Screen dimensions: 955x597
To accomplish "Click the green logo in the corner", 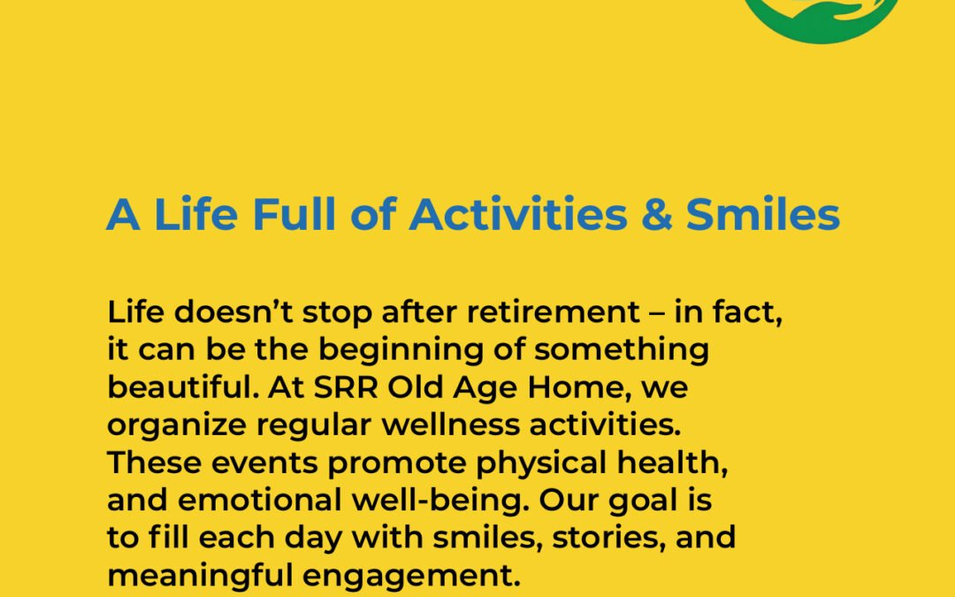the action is coord(821,19).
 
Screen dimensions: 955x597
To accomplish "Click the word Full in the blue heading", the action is coord(294,214).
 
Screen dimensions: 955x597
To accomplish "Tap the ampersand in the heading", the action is coord(656,215).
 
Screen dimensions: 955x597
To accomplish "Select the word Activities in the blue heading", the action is coord(517,214).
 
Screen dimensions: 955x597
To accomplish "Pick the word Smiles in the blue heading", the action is coord(763,214).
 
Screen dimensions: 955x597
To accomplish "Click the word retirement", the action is coord(553,312).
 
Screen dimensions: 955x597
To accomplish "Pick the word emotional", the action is coord(259,501).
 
